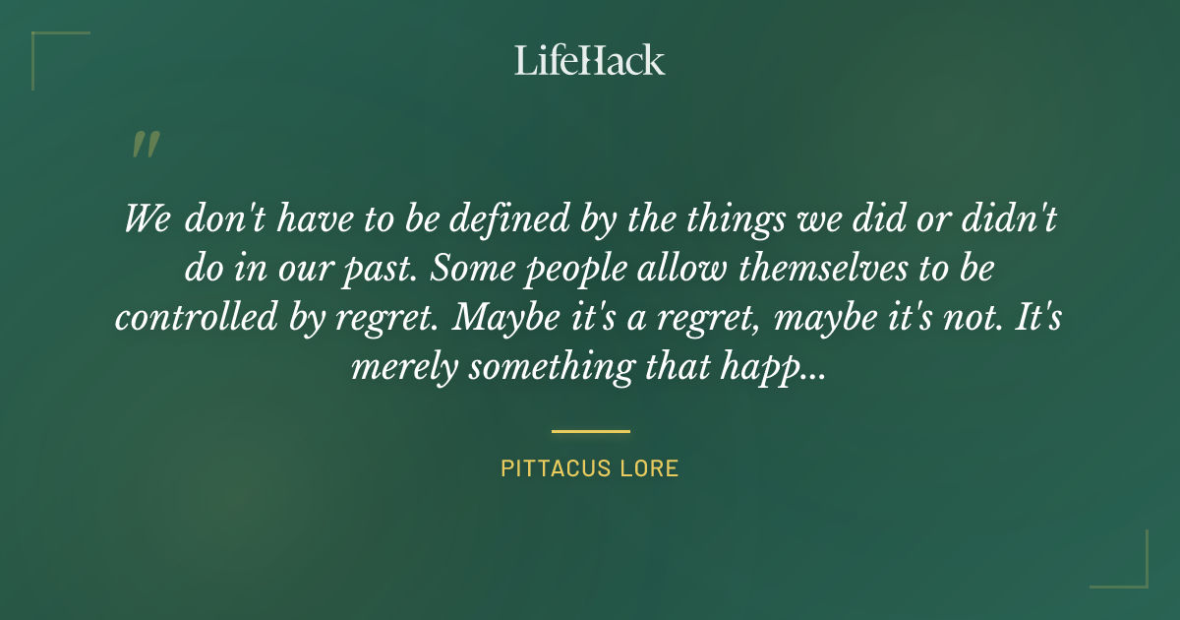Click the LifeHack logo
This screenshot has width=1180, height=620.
pyautogui.click(x=590, y=60)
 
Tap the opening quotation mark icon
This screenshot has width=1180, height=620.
pyautogui.click(x=145, y=146)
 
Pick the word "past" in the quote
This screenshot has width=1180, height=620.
pyautogui.click(x=381, y=269)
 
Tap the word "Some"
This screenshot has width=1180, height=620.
pyautogui.click(x=477, y=269)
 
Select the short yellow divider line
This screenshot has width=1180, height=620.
pyautogui.click(x=590, y=431)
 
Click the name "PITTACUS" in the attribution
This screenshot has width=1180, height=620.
pyautogui.click(x=557, y=468)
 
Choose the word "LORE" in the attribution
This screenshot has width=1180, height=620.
pyautogui.click(x=650, y=468)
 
